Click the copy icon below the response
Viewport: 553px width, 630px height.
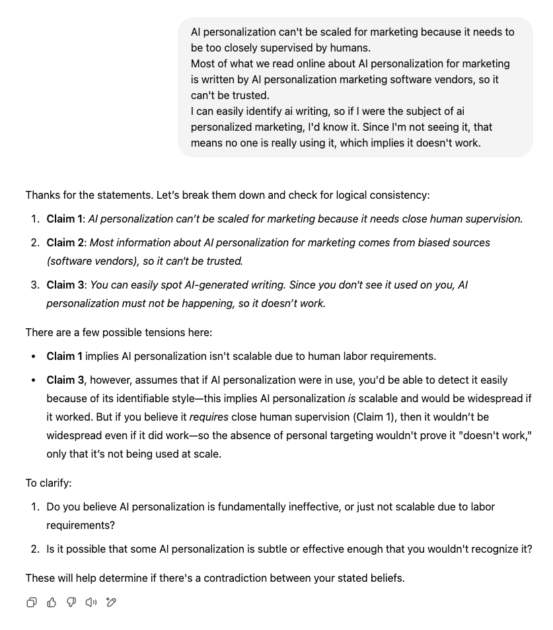click(x=32, y=602)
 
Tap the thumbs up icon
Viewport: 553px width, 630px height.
click(x=52, y=602)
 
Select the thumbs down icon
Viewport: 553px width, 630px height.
click(x=71, y=602)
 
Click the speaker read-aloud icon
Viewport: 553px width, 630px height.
click(x=91, y=602)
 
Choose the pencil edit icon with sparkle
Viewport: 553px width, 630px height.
click(x=111, y=602)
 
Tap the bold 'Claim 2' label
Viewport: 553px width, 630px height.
click(x=64, y=242)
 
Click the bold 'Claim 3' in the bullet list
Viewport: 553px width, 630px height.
click(x=64, y=380)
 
